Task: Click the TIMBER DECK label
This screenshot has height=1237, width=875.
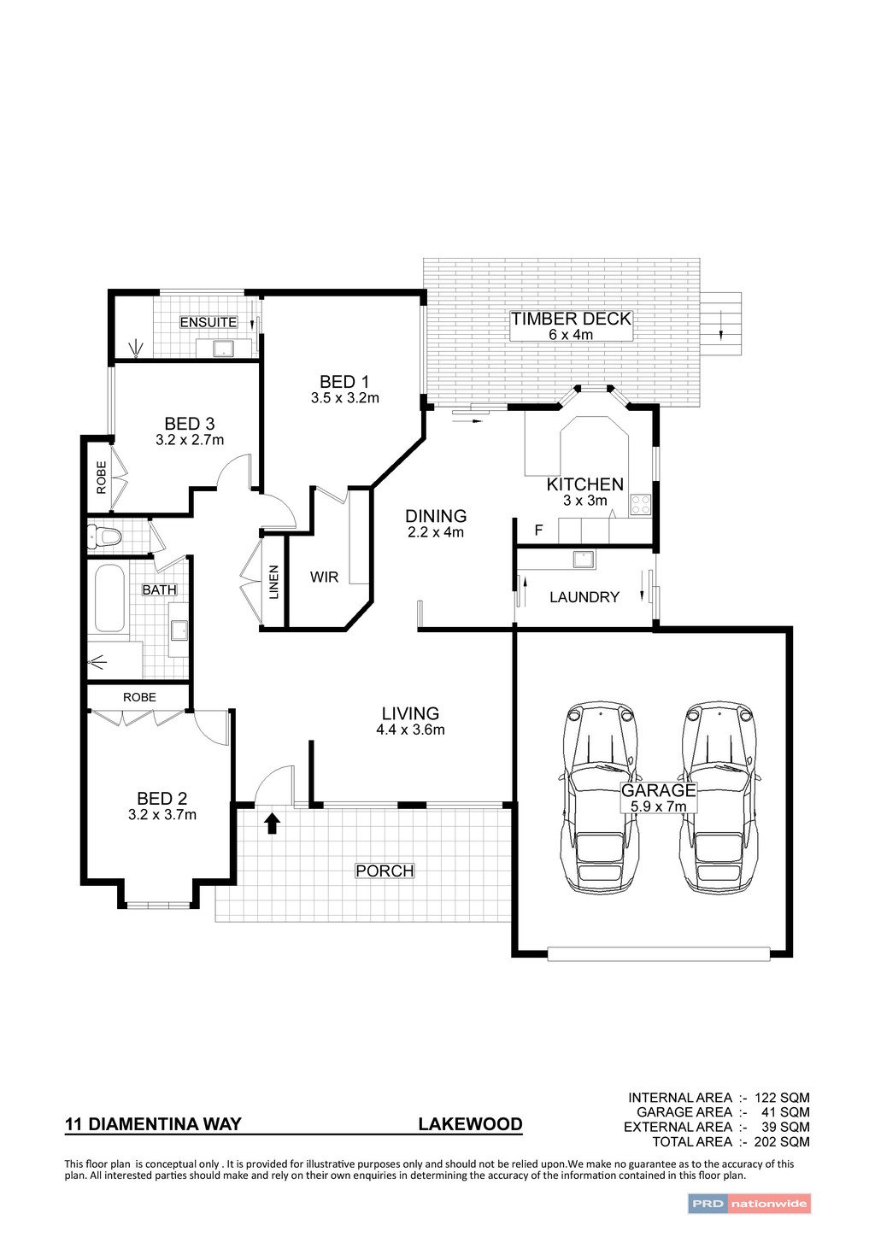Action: point(571,319)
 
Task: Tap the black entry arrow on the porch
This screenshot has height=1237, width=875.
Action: point(273,823)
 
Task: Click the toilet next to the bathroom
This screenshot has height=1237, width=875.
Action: point(105,537)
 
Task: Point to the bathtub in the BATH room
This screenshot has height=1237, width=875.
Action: point(109,597)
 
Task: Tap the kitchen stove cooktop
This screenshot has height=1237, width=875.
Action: point(640,505)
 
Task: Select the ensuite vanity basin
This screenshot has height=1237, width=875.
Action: point(223,348)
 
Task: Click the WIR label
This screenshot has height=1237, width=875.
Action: point(324,577)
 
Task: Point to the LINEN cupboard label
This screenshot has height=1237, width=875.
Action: point(274,582)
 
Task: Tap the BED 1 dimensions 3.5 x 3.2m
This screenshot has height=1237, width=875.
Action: point(344,398)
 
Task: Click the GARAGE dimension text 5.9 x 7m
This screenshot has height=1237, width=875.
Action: point(658,806)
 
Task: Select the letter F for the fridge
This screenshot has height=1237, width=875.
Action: point(538,531)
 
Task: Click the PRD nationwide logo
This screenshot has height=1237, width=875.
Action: point(749,1204)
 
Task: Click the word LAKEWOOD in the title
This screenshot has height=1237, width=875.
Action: point(470,1124)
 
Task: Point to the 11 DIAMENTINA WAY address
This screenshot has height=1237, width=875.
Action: point(153,1124)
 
